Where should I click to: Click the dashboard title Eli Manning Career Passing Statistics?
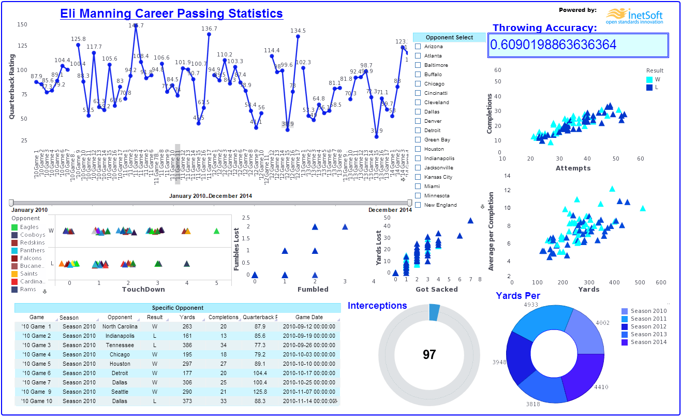pos(171,14)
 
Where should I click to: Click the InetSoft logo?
pos(634,16)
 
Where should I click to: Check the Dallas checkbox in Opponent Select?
pos(418,112)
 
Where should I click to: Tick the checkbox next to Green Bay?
pos(418,140)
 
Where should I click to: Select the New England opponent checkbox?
pos(418,205)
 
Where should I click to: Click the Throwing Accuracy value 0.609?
pos(553,45)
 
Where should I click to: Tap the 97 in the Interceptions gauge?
pos(429,354)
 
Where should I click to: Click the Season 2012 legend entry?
pos(648,326)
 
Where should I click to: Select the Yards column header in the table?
pos(187,317)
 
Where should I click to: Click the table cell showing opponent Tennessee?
pos(120,345)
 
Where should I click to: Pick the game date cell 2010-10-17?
pos(309,373)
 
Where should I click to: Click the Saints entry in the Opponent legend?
pos(29,274)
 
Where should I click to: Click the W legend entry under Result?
pos(657,79)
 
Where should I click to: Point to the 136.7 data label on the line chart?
pos(209,28)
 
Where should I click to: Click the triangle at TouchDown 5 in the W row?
pos(216,231)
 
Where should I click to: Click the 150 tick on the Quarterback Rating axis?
pos(22,24)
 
